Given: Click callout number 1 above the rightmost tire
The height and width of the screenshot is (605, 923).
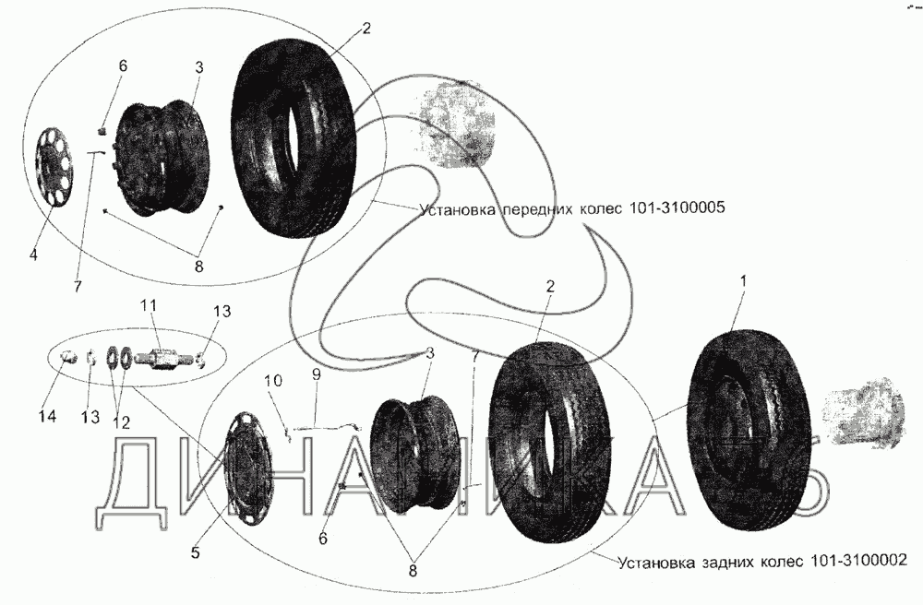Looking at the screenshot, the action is point(743,281).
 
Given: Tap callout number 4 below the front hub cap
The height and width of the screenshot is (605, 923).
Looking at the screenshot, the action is point(33,255).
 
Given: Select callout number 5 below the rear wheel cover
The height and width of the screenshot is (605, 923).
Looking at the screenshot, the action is point(196,553).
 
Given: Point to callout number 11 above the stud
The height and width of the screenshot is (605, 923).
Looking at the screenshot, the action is point(149,306).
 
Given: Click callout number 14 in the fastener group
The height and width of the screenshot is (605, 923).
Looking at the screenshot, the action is point(48,416).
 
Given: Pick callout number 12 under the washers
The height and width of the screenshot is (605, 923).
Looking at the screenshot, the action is point(122,422).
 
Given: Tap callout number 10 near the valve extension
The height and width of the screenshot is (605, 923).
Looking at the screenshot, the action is point(273,382).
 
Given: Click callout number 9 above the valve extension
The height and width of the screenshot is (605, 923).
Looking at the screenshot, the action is point(316,374).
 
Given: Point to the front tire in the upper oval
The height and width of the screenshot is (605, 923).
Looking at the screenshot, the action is point(294,140).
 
